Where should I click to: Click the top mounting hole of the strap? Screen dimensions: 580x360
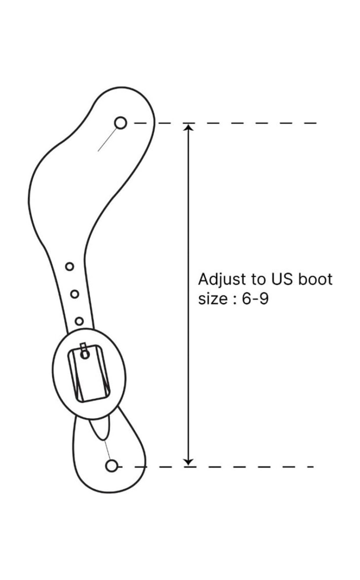tap(120, 123)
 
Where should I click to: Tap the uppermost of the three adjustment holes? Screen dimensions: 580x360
tap(69, 266)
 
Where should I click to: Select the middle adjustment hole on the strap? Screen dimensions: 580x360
tap(75, 294)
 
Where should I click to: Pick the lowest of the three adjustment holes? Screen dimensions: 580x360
tap(79, 321)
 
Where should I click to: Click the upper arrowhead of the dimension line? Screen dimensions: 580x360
tap(189, 128)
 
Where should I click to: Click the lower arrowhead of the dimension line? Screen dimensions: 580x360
tap(189, 462)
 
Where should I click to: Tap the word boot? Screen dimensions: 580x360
tap(315, 279)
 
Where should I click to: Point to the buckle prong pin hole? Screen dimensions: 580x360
tap(85, 354)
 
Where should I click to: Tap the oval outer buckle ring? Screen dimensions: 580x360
tap(58, 374)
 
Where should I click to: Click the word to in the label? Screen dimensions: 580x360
tap(258, 279)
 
